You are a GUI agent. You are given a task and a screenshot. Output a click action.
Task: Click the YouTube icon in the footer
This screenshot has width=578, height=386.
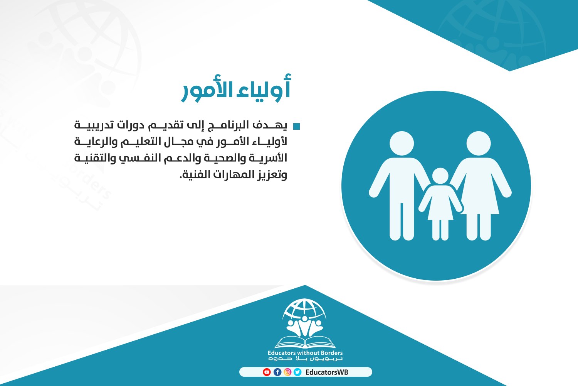tap(267, 372)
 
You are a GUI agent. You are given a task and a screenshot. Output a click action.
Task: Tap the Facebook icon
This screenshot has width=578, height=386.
tap(277, 372)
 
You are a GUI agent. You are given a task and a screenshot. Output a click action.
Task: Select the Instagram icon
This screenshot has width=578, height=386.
tap(287, 372)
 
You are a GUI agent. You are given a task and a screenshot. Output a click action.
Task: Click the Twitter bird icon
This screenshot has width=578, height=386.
tap(297, 372)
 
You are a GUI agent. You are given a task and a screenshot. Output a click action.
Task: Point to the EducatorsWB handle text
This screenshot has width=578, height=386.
tap(327, 372)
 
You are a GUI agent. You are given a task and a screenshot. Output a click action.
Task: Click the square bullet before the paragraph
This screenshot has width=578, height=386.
tap(296, 127)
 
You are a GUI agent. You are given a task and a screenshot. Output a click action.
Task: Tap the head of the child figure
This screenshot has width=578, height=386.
tap(440, 176)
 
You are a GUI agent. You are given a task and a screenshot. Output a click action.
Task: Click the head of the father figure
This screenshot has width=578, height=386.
tap(402, 144)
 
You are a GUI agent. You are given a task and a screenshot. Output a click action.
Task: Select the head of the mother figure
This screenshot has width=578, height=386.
tap(479, 144)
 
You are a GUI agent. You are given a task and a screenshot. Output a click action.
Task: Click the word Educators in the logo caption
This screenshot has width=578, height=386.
tap(282, 353)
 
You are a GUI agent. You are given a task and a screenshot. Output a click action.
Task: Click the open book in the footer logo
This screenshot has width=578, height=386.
tap(305, 342)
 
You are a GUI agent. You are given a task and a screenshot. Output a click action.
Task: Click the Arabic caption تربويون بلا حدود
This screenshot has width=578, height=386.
tap(305, 359)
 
